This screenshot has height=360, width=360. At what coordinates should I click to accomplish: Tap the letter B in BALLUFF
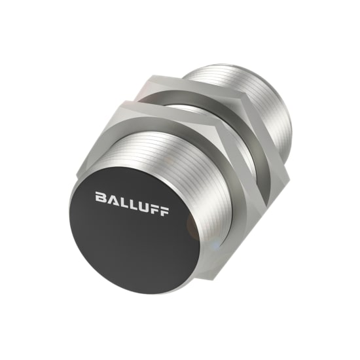[99, 196]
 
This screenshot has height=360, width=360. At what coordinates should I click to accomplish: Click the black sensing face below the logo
[131, 242]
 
